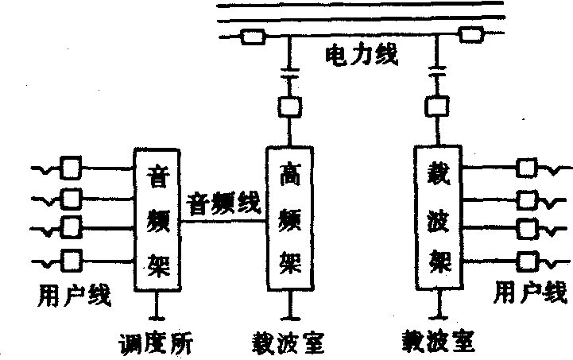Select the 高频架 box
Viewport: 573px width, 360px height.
(x=290, y=219)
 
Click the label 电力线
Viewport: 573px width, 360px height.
(x=361, y=56)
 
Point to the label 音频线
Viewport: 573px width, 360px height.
(x=224, y=204)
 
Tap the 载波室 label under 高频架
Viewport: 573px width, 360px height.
(x=288, y=343)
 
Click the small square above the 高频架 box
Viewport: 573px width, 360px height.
(x=288, y=106)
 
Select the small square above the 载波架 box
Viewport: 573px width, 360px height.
(x=436, y=106)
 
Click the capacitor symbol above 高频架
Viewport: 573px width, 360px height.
(x=288, y=74)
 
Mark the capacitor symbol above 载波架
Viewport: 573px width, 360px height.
(x=436, y=74)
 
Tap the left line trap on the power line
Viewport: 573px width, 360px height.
(x=254, y=37)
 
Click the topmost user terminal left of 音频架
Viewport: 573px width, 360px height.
(x=71, y=168)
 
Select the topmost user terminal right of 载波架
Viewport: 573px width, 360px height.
(x=527, y=168)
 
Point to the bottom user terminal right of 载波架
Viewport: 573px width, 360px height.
(x=527, y=259)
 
